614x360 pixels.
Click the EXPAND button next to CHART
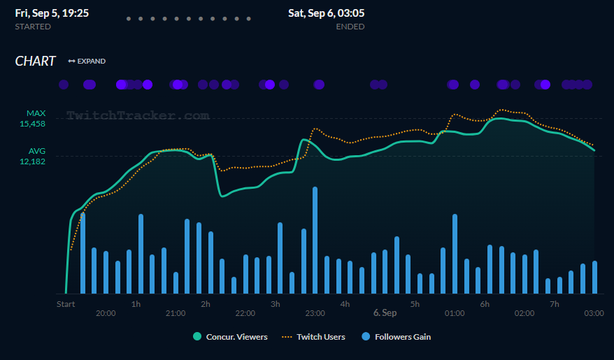[x=87, y=62]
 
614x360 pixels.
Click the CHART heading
[x=35, y=62]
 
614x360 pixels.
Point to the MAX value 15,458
[x=32, y=124]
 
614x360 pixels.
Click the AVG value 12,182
[x=32, y=161]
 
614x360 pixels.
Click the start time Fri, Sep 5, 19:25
[x=52, y=13]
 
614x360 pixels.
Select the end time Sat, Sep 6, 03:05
[x=326, y=13]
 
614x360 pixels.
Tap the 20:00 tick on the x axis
[x=106, y=313]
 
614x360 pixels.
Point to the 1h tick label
[x=136, y=304]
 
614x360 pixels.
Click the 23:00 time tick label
[x=315, y=313]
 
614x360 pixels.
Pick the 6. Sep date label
[x=385, y=313]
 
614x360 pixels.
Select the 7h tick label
[x=555, y=304]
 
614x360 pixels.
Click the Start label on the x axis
[x=66, y=304]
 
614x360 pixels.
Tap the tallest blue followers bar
[x=315, y=240]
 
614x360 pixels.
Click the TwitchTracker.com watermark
[x=138, y=115]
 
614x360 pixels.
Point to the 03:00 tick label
[x=594, y=313]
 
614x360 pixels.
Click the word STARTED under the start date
[x=33, y=27]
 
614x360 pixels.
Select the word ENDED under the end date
[x=350, y=27]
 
